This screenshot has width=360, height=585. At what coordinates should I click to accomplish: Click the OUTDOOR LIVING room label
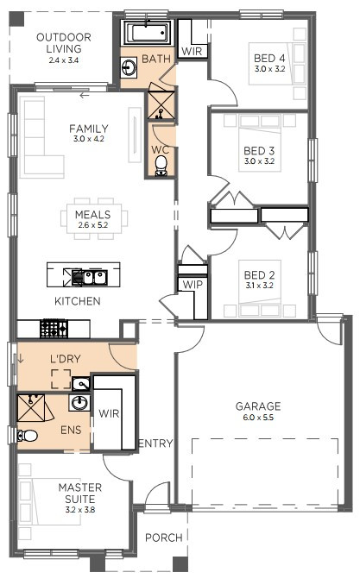(63, 43)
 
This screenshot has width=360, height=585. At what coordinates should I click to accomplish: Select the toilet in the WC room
(161, 170)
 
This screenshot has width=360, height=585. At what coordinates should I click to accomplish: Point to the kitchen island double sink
(89, 276)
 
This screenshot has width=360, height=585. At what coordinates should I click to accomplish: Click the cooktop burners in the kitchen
(54, 327)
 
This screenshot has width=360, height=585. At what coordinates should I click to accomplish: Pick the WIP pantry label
(191, 284)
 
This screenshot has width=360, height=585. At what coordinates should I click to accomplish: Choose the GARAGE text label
(258, 406)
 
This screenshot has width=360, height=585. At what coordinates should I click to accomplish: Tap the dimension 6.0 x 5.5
(258, 418)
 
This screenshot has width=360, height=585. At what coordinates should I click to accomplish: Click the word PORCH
(163, 538)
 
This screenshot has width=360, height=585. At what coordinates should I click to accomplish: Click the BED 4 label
(268, 58)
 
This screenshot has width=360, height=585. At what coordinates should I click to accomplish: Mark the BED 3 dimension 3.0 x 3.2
(259, 160)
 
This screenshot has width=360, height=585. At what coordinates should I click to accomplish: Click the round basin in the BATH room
(129, 67)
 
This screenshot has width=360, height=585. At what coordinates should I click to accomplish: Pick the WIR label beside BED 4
(191, 52)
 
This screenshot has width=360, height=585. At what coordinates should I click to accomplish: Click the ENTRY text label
(155, 443)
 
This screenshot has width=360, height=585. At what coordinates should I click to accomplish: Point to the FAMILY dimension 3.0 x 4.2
(89, 139)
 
